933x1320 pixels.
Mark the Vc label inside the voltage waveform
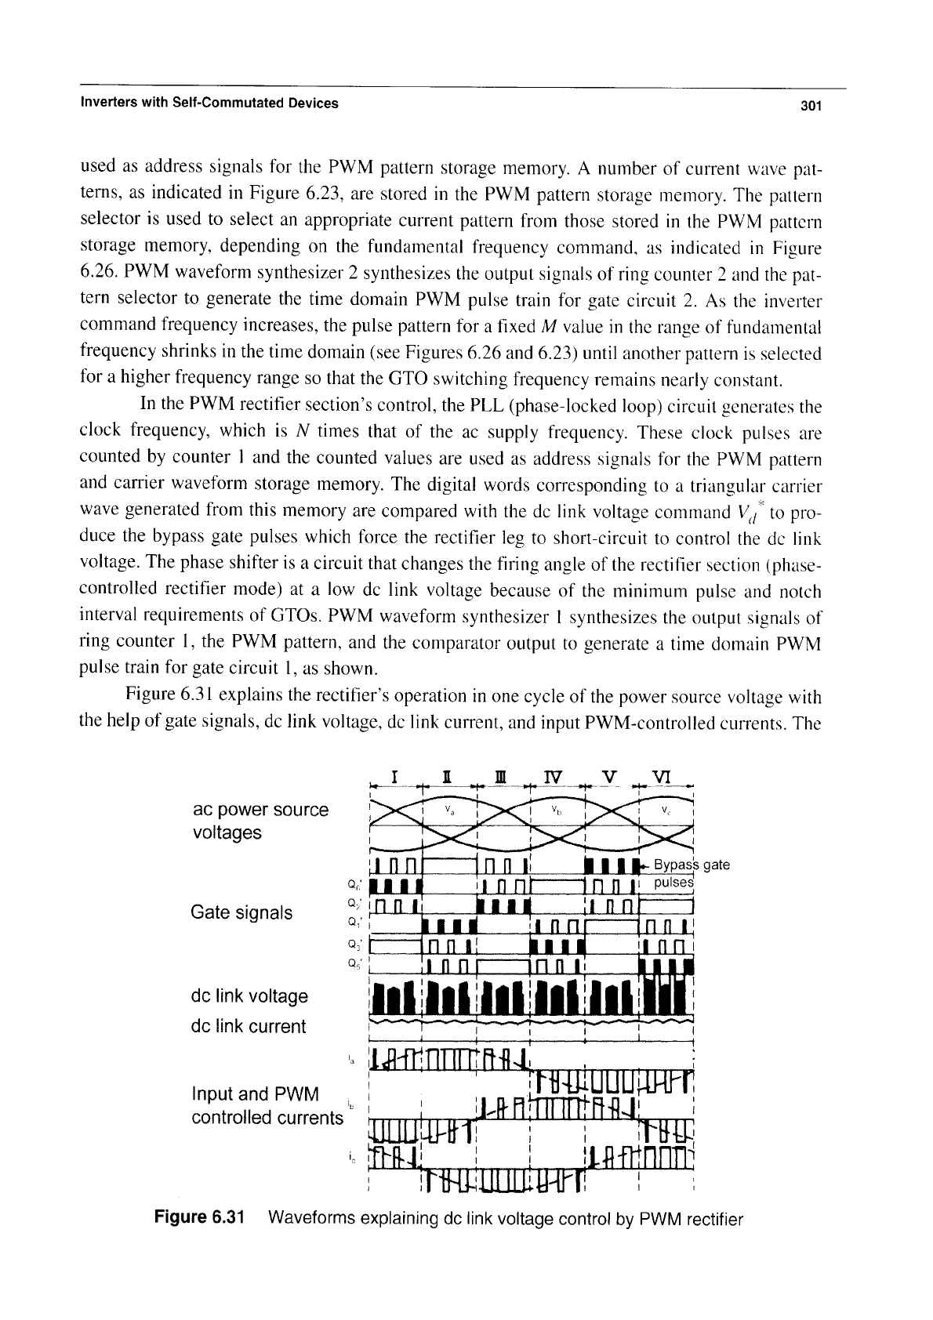(667, 809)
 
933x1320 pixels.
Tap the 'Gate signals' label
(241, 912)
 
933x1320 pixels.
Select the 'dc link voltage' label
(249, 996)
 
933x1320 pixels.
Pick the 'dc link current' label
(248, 1026)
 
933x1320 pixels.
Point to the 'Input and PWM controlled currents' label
(267, 1105)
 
